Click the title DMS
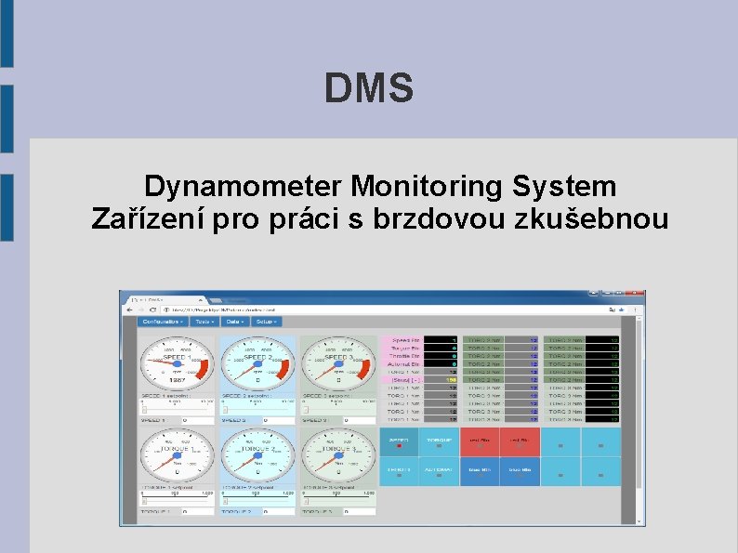coord(369,89)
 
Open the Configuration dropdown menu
coord(162,322)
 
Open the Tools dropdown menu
coord(204,322)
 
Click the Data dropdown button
coord(234,322)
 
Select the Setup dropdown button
coord(267,322)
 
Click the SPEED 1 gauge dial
coord(177,363)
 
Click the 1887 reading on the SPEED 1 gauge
coord(177,381)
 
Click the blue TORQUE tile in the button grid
coord(439,441)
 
